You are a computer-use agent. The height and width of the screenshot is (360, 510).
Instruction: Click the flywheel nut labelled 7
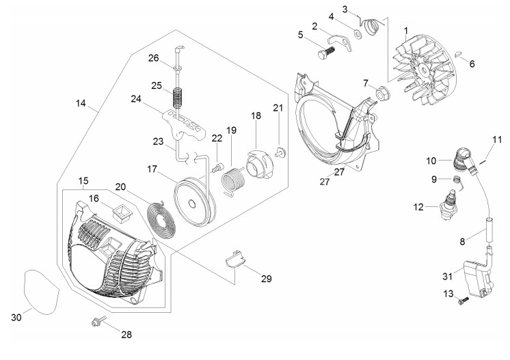(x=383, y=93)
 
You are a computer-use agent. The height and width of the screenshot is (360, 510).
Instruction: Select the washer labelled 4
(x=358, y=33)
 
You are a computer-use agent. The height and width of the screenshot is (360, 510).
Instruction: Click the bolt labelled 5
(x=326, y=53)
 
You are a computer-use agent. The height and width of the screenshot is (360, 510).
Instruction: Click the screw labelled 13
(x=463, y=301)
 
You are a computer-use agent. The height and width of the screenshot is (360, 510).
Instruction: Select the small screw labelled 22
(x=217, y=167)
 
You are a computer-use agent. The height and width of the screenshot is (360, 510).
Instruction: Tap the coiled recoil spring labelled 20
(x=161, y=219)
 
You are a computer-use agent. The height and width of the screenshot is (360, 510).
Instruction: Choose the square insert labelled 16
(x=122, y=213)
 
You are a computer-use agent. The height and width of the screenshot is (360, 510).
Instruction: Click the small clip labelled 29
(x=235, y=260)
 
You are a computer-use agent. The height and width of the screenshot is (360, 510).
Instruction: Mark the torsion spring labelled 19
(x=232, y=180)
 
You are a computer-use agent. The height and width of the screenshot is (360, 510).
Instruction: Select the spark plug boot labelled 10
(x=464, y=160)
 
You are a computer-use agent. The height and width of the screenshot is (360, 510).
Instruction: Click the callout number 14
(x=81, y=103)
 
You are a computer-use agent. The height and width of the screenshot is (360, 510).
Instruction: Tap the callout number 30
(x=16, y=318)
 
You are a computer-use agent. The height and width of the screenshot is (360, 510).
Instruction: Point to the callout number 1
(x=406, y=31)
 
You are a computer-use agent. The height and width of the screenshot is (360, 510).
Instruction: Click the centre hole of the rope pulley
(x=192, y=204)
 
